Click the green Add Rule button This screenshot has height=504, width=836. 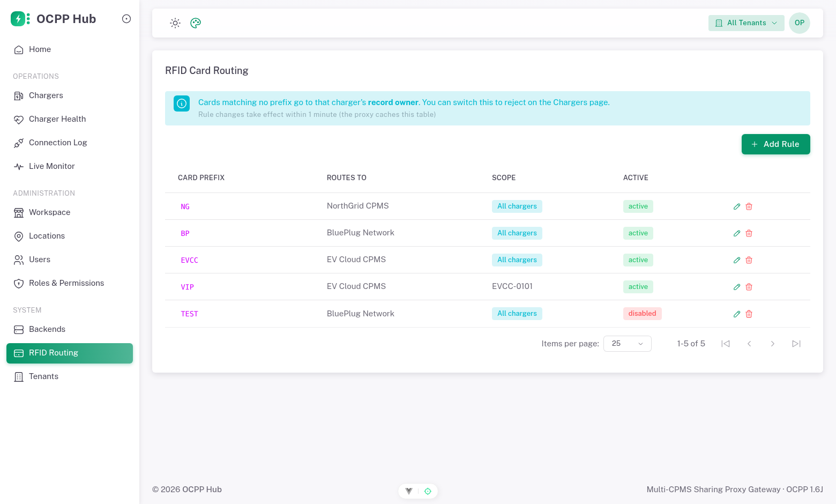(775, 144)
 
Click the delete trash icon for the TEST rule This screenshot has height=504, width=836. (749, 314)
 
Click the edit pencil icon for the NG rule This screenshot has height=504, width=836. (737, 206)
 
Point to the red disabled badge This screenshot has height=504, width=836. (642, 314)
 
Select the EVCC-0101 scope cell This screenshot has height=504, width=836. (512, 286)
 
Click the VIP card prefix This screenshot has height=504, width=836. (188, 287)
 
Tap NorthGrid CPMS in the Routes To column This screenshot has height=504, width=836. (357, 206)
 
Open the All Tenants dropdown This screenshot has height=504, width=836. (746, 23)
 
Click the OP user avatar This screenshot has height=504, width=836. (799, 23)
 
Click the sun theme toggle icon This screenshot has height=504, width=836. (175, 23)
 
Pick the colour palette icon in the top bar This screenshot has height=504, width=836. (196, 23)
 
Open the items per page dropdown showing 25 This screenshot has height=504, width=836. (627, 344)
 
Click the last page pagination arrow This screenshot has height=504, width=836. (796, 344)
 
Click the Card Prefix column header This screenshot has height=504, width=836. (201, 177)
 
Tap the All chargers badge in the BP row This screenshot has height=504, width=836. (517, 233)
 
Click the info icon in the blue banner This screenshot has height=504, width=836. (182, 103)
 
